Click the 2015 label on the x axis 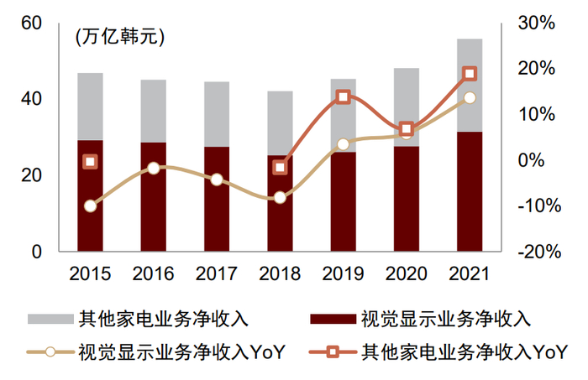[90, 273]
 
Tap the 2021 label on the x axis [469, 273]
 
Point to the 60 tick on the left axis [31, 23]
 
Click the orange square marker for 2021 [470, 74]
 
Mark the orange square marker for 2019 [343, 97]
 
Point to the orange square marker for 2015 [90, 161]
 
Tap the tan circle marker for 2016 [153, 168]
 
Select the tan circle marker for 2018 [280, 198]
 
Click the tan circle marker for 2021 [470, 98]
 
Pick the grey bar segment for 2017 [217, 114]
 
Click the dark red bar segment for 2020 [406, 198]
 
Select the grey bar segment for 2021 [470, 85]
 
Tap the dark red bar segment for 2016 [153, 196]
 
